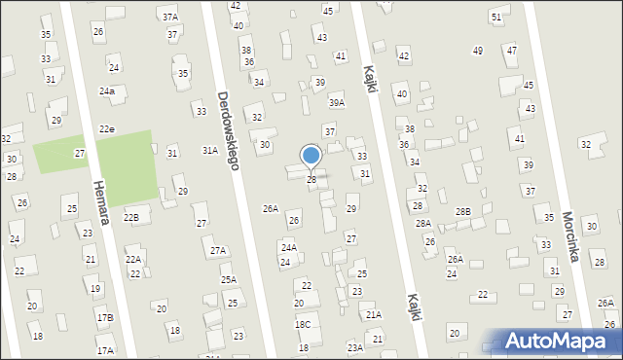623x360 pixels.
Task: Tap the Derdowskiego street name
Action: point(229,131)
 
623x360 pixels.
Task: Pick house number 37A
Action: point(170,18)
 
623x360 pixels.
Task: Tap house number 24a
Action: point(106,90)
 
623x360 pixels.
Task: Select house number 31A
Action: point(209,151)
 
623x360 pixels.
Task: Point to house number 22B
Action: point(130,217)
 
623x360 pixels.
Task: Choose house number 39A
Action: point(337,102)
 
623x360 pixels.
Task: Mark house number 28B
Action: point(463,211)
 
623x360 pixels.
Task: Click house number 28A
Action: point(423,224)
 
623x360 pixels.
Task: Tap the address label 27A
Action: point(218,250)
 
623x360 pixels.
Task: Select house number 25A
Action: point(228,280)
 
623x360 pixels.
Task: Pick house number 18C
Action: point(303,325)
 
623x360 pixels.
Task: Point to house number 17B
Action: point(104,318)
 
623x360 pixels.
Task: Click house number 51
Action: point(497,18)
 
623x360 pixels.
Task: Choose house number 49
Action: point(478,51)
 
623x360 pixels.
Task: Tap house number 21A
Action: point(374,315)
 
